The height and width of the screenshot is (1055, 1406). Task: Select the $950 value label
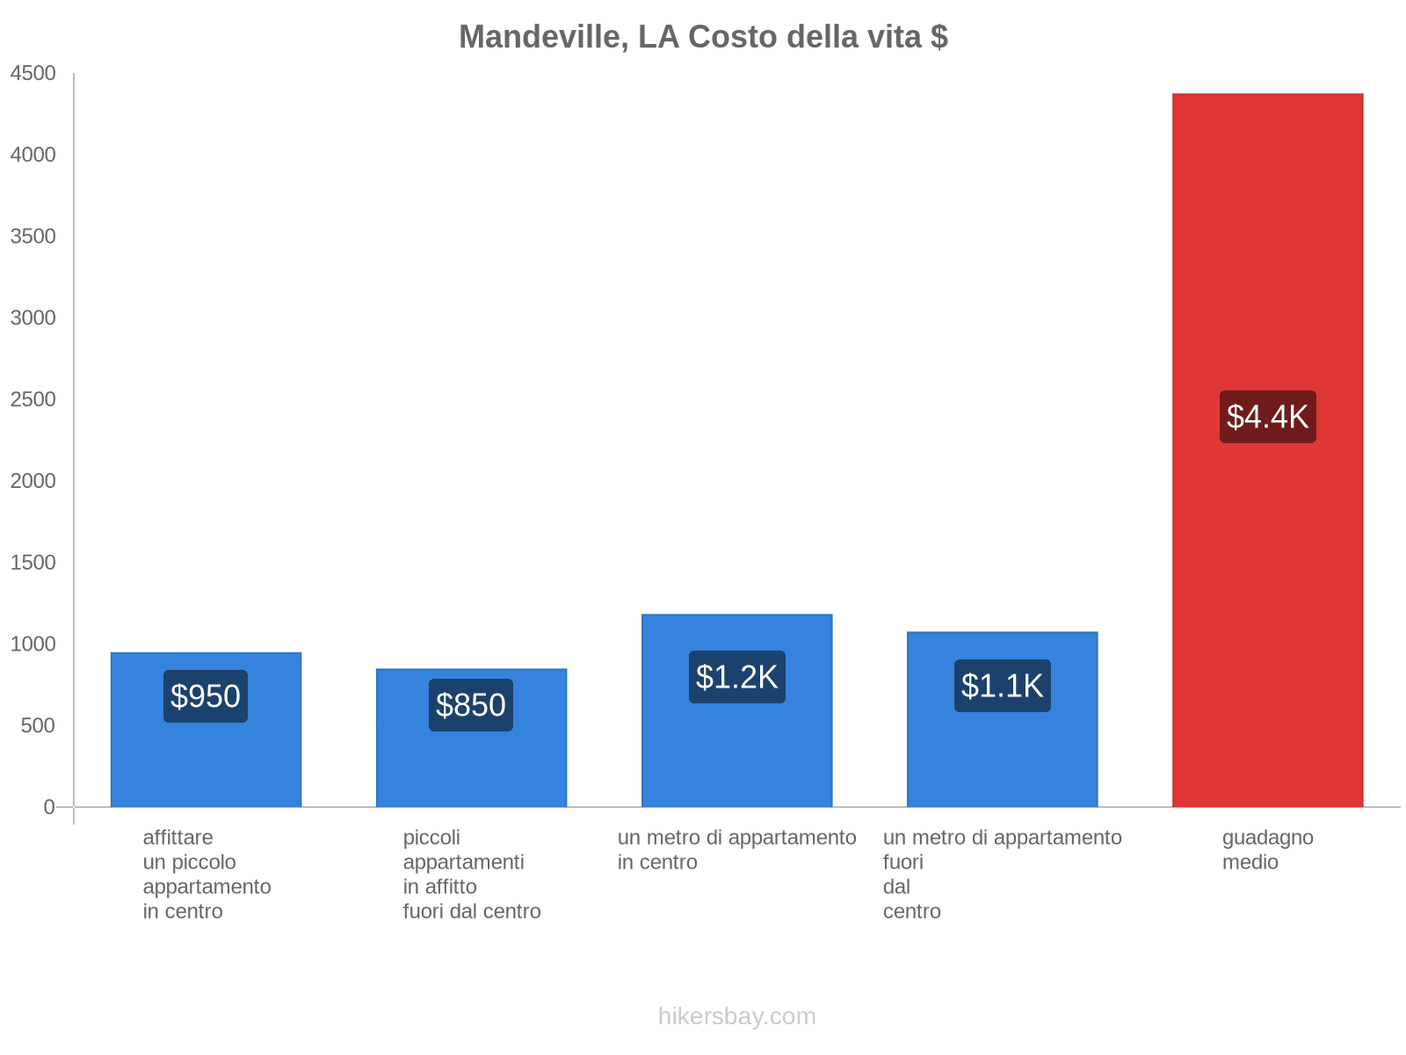click(206, 696)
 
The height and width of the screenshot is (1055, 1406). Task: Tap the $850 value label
click(471, 705)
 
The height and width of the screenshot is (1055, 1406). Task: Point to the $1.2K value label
click(736, 677)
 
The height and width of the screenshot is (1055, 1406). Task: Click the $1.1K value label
click(1002, 686)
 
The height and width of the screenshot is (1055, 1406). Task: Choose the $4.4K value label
click(1267, 417)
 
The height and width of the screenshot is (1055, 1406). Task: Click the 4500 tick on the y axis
click(33, 74)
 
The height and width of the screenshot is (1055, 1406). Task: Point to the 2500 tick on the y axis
click(33, 400)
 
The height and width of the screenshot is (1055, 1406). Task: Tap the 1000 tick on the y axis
click(33, 644)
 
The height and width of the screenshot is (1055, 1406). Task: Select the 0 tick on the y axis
click(49, 807)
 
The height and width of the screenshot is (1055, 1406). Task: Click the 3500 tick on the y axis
click(33, 236)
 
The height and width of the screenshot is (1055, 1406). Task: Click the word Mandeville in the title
click(542, 37)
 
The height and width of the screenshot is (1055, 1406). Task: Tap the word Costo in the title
click(733, 37)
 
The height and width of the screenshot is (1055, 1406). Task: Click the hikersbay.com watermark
click(736, 1016)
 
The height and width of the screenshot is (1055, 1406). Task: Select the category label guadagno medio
click(1267, 849)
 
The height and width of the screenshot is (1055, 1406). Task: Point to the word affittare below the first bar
click(178, 838)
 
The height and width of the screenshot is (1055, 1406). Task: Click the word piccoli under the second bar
click(431, 838)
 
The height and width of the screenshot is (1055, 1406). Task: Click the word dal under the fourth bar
click(896, 887)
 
